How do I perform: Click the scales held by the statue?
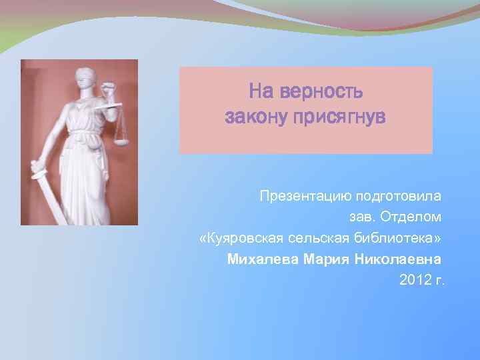tap(121, 130)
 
